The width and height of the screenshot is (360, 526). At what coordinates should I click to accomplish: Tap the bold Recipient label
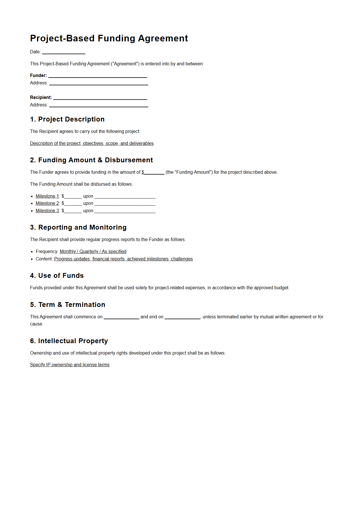coord(41,98)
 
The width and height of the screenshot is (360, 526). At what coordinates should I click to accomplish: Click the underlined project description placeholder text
coord(92,143)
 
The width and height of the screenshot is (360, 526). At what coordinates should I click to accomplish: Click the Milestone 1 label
coord(47,196)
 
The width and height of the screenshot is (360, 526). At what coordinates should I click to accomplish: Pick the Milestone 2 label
coord(47,203)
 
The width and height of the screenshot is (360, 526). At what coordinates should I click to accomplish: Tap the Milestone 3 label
coord(47,211)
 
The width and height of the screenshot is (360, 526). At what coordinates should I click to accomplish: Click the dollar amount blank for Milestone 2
coord(73,204)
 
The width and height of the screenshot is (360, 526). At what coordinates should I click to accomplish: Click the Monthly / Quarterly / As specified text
coord(93,252)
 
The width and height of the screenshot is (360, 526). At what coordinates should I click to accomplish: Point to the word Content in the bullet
coord(44,259)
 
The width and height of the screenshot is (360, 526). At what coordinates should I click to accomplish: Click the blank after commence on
coord(121,317)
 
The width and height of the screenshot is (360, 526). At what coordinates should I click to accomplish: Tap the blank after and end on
coord(182,317)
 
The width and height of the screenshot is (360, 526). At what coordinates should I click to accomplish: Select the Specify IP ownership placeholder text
coord(70,365)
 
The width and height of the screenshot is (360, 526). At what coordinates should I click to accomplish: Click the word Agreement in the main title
coord(163,38)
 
